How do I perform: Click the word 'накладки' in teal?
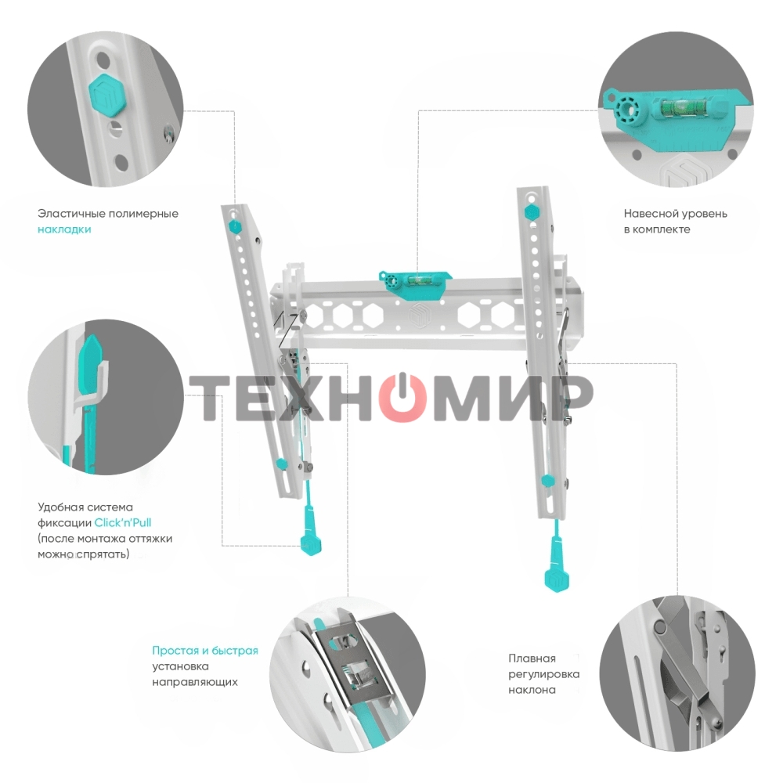64,229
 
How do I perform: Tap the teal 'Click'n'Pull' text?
123,522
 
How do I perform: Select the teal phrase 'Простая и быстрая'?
205,651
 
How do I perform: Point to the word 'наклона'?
532,690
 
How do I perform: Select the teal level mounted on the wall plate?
417,278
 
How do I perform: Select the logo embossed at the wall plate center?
417,314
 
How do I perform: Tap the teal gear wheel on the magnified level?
626,110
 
